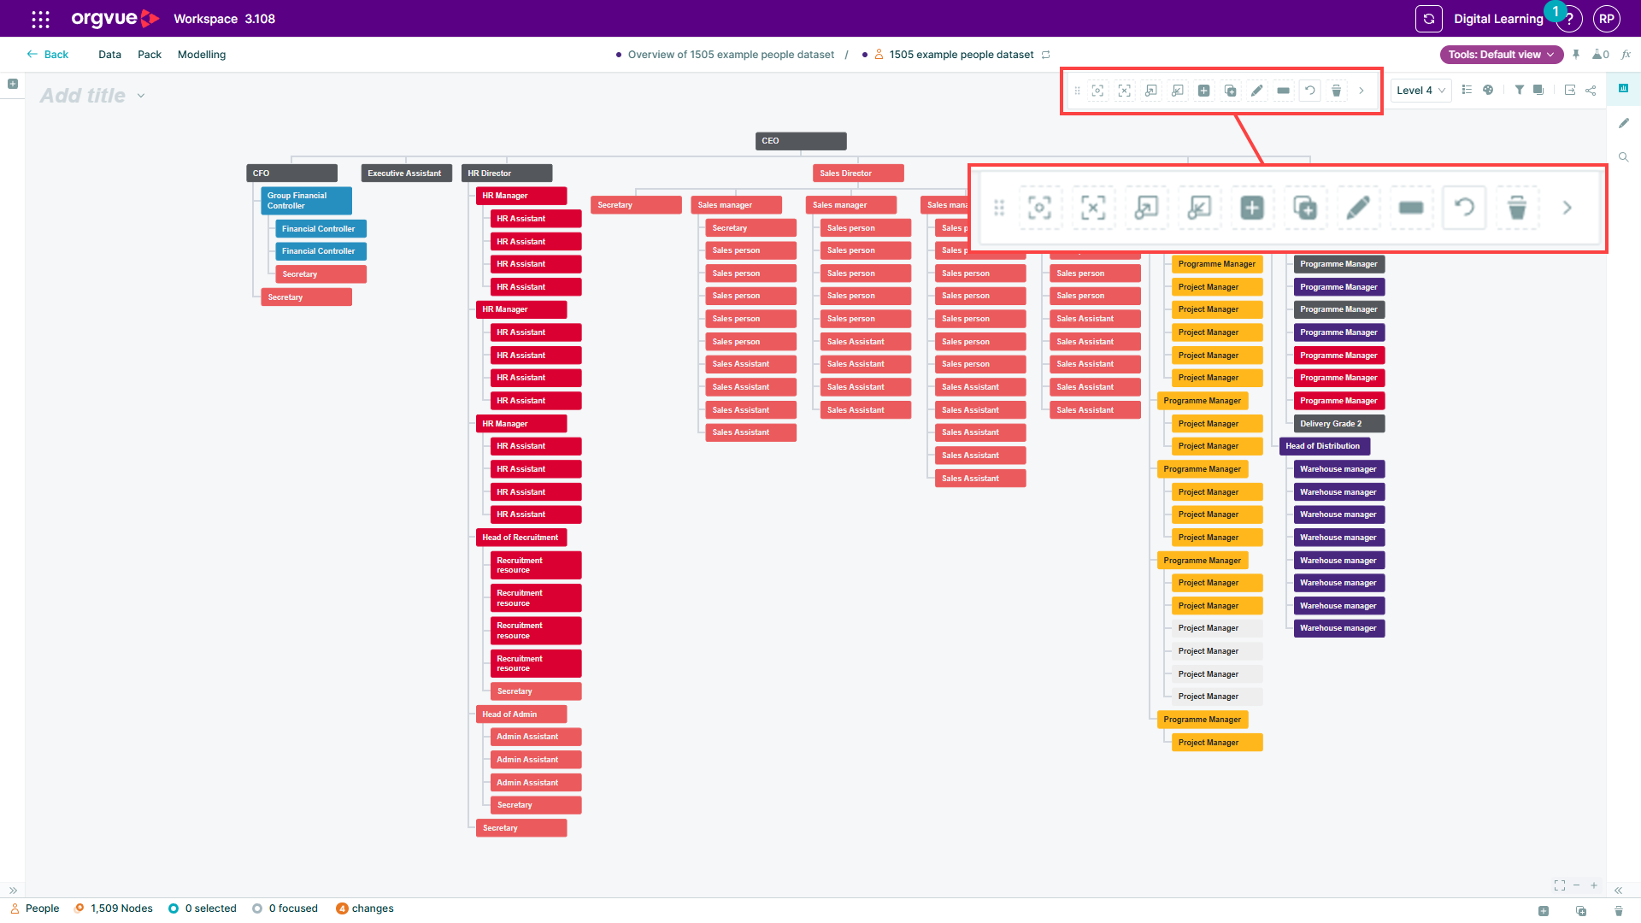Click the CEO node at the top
tap(801, 141)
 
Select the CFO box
tap(291, 173)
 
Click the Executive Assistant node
tap(406, 173)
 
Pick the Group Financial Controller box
tap(306, 201)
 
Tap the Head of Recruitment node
tap(521, 538)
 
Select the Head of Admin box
tap(521, 714)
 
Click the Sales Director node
tap(858, 173)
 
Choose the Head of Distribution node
tap(1325, 446)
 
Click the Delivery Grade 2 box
tap(1339, 424)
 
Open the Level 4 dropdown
tap(1420, 91)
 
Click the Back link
tap(48, 55)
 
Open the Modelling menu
tap(202, 55)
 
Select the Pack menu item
tap(150, 55)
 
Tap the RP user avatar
tap(1607, 19)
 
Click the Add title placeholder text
tap(83, 96)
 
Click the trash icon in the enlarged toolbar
tap(1517, 208)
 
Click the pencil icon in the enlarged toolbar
tap(1358, 208)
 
